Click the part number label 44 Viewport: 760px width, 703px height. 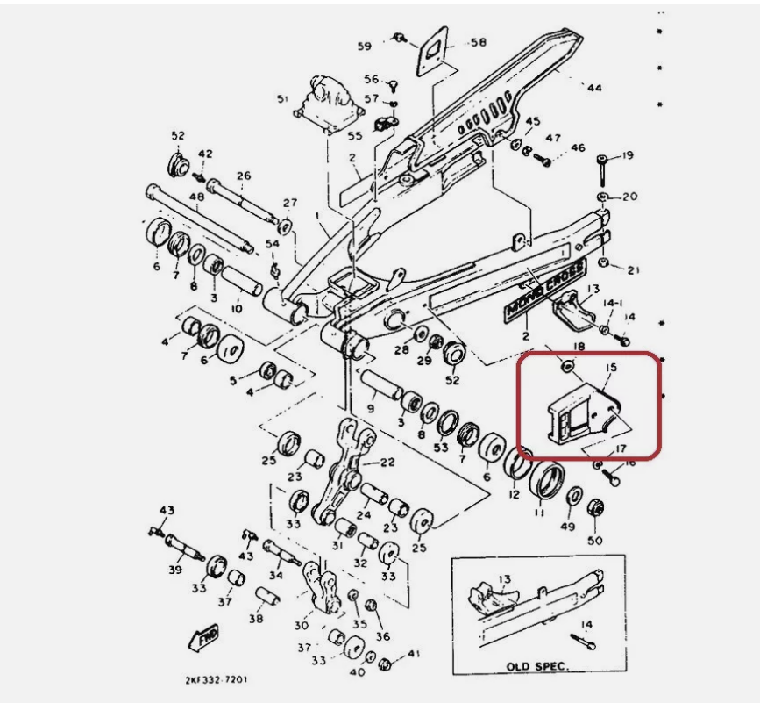[595, 88]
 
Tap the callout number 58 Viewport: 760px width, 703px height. [478, 42]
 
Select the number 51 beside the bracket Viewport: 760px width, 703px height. [282, 100]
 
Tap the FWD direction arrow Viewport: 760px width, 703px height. [205, 637]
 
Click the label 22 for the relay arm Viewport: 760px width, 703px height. [387, 461]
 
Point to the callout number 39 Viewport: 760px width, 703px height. [175, 570]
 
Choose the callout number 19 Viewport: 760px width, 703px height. [628, 156]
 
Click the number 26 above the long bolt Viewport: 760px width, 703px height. [243, 176]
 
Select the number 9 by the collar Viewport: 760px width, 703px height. [371, 408]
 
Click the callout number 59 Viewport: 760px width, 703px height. [364, 46]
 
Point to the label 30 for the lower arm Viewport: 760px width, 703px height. [302, 626]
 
